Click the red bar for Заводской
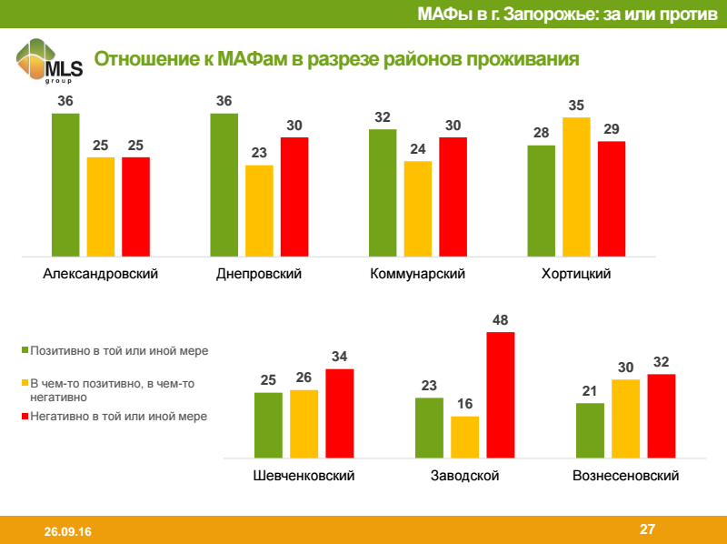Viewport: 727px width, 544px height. (x=500, y=397)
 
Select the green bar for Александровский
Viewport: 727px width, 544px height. (x=65, y=185)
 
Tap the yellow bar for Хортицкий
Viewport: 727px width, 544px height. (x=576, y=186)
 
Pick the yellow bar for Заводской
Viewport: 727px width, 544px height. (x=464, y=438)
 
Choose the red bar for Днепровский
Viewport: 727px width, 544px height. (x=294, y=196)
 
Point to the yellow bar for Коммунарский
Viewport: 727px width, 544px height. (x=417, y=208)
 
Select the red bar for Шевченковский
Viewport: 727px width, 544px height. (x=339, y=415)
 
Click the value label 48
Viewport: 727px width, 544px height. (x=500, y=320)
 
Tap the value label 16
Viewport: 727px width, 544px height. (x=464, y=404)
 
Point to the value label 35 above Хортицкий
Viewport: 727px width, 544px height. (x=576, y=106)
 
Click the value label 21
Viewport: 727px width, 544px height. (x=590, y=391)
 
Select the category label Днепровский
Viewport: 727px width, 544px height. (x=259, y=274)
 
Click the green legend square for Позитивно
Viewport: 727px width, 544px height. (x=25, y=350)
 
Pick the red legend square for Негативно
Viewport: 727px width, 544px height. (x=25, y=417)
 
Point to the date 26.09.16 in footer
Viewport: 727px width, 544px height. (x=60, y=530)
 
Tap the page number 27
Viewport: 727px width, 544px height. (x=647, y=529)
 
